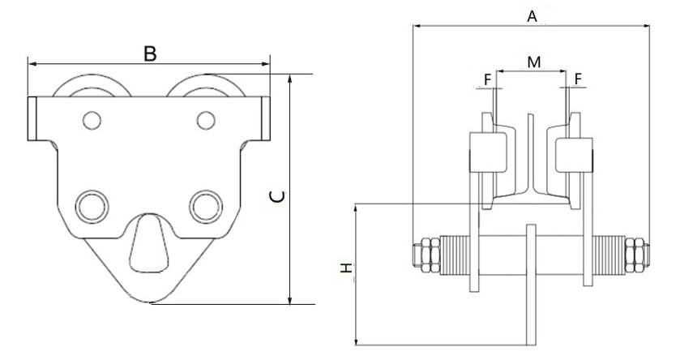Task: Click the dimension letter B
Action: (x=149, y=53)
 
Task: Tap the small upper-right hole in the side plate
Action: (x=205, y=120)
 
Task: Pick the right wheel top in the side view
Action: (x=207, y=85)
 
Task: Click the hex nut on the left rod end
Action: (x=424, y=253)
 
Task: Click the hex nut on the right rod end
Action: (x=636, y=253)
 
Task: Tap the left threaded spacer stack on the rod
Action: (x=453, y=253)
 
